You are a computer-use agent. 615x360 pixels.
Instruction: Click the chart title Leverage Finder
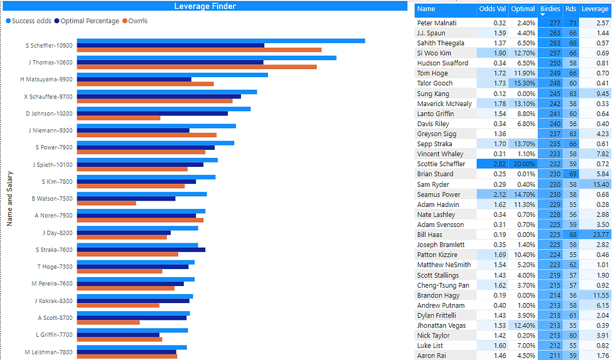point(205,6)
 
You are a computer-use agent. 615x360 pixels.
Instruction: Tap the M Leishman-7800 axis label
point(48,352)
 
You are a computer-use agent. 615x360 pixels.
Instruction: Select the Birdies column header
point(550,9)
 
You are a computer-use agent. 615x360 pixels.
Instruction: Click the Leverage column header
point(595,9)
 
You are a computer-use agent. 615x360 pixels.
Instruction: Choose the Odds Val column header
point(491,9)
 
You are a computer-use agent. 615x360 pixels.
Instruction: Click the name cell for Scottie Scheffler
point(441,164)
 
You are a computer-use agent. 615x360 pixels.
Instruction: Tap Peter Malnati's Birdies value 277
point(553,23)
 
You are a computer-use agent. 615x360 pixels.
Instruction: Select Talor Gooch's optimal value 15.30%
point(523,83)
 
